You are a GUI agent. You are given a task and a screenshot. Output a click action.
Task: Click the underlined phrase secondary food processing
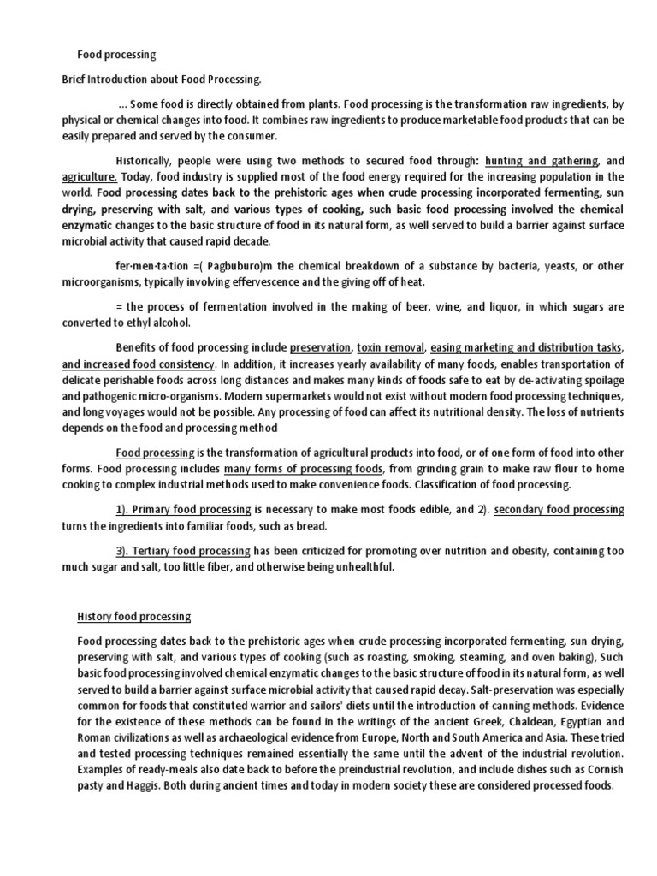pos(550,509)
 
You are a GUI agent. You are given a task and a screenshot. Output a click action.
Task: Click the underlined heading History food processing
pos(134,616)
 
